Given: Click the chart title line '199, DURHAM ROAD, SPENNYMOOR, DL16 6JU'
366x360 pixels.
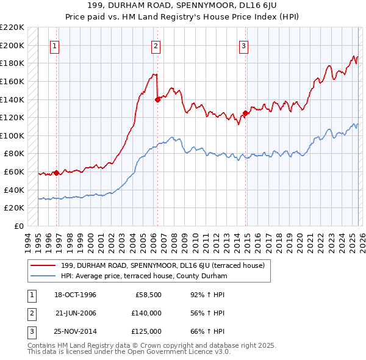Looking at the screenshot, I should [183, 6].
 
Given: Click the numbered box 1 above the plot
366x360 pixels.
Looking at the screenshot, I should [55, 46].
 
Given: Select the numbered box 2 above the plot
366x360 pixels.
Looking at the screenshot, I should [156, 46].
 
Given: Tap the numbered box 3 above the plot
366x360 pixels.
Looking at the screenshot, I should [243, 46].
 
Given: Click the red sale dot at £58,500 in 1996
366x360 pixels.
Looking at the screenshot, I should [57, 173].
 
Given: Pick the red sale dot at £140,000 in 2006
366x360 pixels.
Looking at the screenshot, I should [157, 99].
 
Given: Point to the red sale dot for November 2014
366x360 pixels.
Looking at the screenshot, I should [245, 113].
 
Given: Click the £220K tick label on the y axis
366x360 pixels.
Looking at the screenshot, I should [13, 27].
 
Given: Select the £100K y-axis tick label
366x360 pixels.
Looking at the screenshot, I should [13, 135].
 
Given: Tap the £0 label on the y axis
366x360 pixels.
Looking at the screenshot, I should [20, 226].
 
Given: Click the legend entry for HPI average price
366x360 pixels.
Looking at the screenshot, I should [143, 276].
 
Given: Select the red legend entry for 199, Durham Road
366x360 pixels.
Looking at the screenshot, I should [162, 265].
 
